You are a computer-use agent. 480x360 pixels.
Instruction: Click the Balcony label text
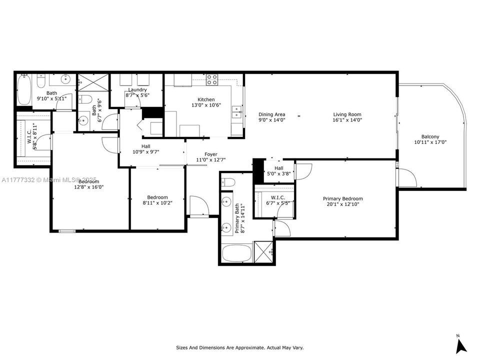430,136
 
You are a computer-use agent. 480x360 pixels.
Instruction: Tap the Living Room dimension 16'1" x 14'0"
347,120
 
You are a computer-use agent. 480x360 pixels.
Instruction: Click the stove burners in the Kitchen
212,79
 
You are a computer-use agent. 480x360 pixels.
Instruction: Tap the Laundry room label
137,89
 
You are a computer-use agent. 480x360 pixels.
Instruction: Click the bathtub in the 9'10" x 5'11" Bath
24,90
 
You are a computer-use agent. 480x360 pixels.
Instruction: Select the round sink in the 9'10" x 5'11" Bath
65,79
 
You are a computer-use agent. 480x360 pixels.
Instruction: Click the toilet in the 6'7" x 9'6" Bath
85,98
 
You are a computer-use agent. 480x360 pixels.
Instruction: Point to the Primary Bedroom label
342,198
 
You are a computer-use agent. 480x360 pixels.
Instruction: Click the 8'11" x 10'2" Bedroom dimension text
157,203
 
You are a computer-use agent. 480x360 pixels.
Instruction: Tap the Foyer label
211,154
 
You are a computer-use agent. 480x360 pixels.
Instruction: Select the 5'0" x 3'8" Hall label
278,168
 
